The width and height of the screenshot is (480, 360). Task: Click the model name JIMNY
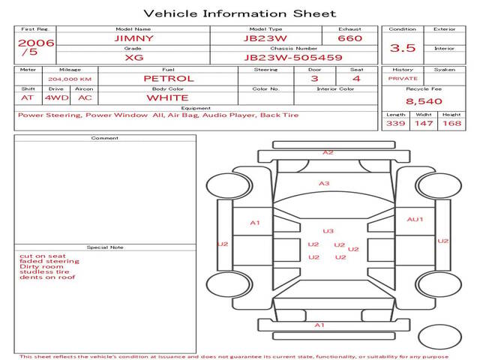[133, 38]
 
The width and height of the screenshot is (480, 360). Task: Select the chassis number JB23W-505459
[293, 58]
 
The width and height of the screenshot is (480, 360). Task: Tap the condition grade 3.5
[403, 48]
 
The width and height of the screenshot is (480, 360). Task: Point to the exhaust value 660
[350, 38]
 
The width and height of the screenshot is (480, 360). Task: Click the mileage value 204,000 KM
[70, 79]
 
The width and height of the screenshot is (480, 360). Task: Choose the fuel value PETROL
[169, 79]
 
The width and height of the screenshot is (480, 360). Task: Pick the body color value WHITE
[167, 98]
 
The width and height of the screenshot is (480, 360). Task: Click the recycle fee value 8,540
[424, 101]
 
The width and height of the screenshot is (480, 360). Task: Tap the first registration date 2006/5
[36, 47]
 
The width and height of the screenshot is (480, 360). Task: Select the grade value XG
[134, 58]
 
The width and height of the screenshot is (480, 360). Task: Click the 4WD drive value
[57, 98]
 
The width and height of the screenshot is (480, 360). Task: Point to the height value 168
[451, 123]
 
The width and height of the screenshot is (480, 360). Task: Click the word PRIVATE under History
[403, 79]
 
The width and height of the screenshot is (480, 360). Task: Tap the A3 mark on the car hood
[324, 183]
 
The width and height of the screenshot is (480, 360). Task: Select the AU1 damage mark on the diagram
[415, 220]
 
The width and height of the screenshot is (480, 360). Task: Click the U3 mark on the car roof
[328, 231]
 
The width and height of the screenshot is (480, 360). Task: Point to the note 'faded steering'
[49, 261]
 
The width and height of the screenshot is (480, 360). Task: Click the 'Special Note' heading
[105, 247]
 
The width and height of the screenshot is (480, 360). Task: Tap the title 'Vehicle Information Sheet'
[240, 13]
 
